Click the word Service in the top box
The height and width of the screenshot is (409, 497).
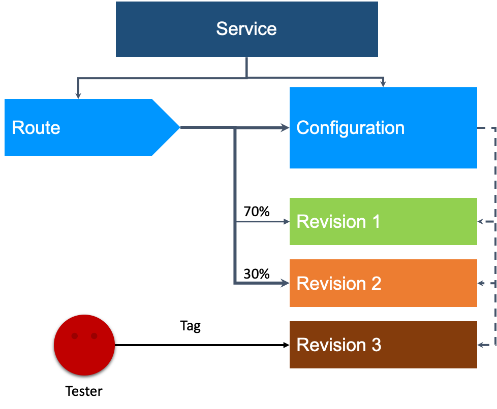[x=246, y=28]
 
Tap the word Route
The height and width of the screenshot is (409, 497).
[x=36, y=127]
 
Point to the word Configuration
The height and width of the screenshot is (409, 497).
[x=350, y=127]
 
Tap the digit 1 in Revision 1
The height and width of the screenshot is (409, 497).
[x=376, y=222]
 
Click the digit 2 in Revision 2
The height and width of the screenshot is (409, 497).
[x=376, y=283]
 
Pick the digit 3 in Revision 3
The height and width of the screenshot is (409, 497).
[x=376, y=345]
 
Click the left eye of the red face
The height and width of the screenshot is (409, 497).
[x=75, y=336]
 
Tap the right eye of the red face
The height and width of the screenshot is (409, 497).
[x=94, y=336]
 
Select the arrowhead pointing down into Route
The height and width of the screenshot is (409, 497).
[x=78, y=95]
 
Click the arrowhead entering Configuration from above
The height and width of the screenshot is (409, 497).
[x=383, y=84]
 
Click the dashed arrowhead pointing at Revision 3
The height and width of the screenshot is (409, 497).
[x=481, y=345]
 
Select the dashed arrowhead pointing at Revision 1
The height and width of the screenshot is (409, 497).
[x=481, y=222]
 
